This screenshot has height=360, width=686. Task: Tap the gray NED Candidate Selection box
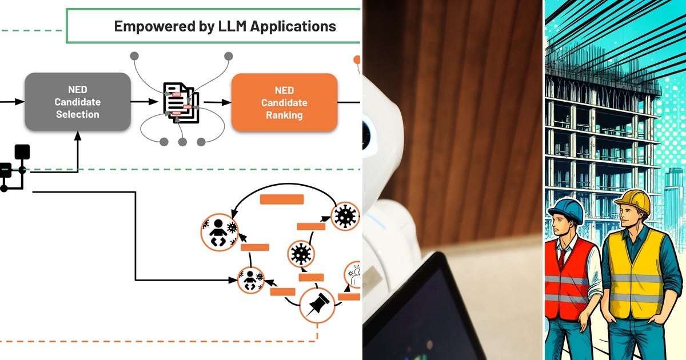tap(77, 102)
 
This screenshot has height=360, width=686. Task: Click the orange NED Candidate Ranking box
tap(284, 103)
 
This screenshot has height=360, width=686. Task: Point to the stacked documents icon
tap(181, 103)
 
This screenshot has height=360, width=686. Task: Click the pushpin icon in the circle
tap(317, 305)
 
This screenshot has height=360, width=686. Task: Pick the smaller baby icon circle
tap(251, 280)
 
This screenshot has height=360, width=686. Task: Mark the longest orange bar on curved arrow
tap(282, 199)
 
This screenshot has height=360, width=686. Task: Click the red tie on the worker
tap(563, 257)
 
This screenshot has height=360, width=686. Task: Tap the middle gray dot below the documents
tap(182, 142)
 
